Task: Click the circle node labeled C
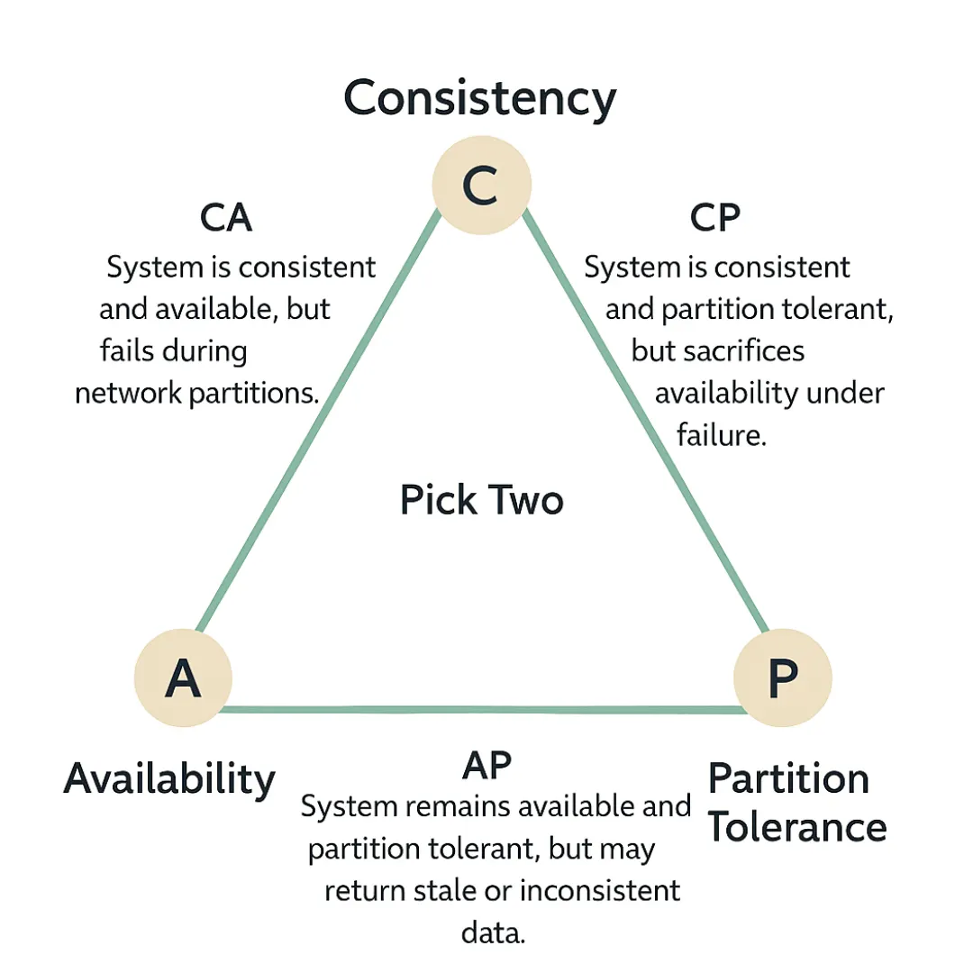point(481,185)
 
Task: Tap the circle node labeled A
point(183,677)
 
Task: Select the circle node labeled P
point(782,677)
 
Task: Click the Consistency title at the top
point(480,98)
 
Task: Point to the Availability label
point(169,777)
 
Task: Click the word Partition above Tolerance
point(788,777)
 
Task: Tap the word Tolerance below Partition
point(796,826)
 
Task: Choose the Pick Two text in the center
point(482,498)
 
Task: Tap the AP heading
point(486,765)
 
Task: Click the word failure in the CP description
point(721,435)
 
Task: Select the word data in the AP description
point(493,932)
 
